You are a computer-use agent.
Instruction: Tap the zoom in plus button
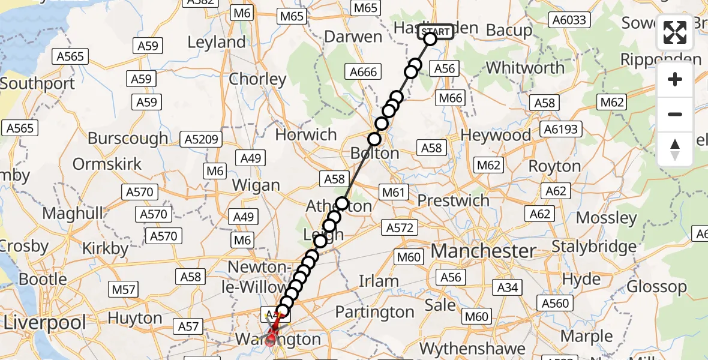click(x=675, y=80)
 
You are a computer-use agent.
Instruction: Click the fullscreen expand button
click(x=675, y=33)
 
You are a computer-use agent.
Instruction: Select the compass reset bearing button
click(x=675, y=149)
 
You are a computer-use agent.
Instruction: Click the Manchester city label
click(x=484, y=251)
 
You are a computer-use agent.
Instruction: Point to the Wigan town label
click(x=256, y=185)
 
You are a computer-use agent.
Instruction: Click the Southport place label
click(x=37, y=83)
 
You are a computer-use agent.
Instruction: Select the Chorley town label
click(x=257, y=79)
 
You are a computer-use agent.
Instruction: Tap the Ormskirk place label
click(x=107, y=164)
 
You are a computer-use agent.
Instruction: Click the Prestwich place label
click(x=454, y=200)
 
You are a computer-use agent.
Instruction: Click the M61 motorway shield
click(x=394, y=192)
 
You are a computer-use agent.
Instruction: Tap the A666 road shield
click(x=364, y=72)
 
